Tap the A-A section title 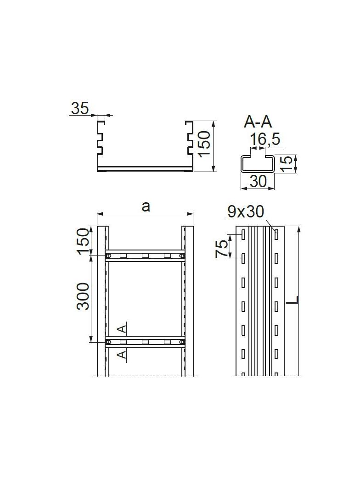[x=258, y=122]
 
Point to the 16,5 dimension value [x=265, y=139]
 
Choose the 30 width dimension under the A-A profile [x=258, y=181]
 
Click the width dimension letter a [x=145, y=206]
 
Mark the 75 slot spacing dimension [x=222, y=248]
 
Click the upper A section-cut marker [x=122, y=328]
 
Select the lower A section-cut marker [x=122, y=355]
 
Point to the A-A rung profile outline [x=257, y=164]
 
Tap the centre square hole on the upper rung [x=145, y=256]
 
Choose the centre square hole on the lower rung [x=145, y=342]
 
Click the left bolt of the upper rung [x=109, y=256]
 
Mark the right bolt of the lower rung [x=182, y=342]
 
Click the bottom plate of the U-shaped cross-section [x=145, y=169]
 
